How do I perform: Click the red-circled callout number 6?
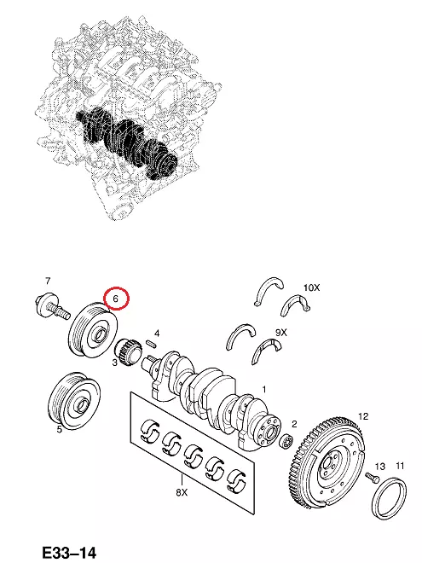pos(116,299)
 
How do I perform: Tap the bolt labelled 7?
pos(52,306)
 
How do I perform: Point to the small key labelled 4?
pos(151,343)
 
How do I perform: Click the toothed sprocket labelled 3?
pos(126,349)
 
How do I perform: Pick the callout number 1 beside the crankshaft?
pos(264,389)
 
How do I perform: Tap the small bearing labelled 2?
pos(286,441)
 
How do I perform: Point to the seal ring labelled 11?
pos(390,499)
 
